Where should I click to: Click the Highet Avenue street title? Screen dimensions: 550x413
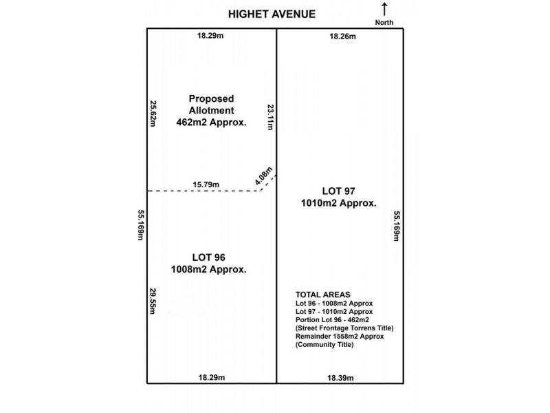(272, 14)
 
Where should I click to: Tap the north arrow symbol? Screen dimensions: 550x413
(384, 9)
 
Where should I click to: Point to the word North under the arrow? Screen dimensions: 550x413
(384, 23)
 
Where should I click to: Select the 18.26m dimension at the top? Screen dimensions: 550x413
(342, 36)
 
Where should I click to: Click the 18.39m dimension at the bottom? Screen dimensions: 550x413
(340, 378)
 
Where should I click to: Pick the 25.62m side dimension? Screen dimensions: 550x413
(153, 114)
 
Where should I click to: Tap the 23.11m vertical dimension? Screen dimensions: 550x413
(270, 117)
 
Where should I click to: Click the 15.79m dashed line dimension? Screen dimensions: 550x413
(206, 184)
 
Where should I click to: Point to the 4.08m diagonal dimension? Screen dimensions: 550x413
(263, 176)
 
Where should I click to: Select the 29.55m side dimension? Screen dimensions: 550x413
(153, 301)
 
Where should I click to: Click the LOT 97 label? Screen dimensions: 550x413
(338, 191)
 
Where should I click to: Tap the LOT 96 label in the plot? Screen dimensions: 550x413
(208, 257)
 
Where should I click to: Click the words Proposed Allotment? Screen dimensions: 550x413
(211, 105)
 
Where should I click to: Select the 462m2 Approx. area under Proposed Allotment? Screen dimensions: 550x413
(211, 123)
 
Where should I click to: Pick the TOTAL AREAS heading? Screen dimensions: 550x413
(322, 295)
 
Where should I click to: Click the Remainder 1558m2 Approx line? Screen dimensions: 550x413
(340, 337)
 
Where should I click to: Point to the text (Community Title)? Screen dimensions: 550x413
(324, 345)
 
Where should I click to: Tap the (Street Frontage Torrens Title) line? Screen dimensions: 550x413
(344, 328)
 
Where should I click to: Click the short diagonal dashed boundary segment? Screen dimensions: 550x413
(269, 182)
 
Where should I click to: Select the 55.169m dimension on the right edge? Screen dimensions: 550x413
(397, 226)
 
